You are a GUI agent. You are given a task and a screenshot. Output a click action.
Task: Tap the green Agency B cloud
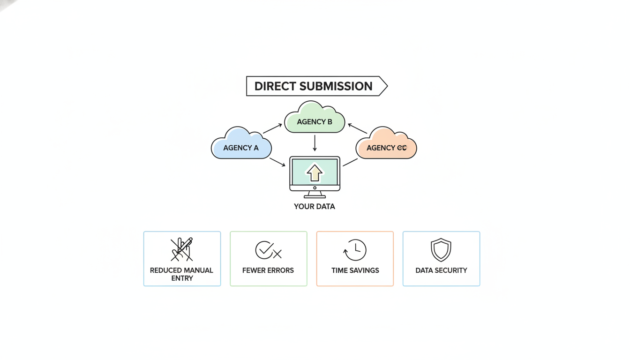(x=315, y=119)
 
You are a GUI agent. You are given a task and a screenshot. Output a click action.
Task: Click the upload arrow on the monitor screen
(x=315, y=172)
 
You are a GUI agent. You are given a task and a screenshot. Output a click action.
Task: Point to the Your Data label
(x=315, y=206)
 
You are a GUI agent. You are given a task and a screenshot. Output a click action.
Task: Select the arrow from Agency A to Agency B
(x=272, y=128)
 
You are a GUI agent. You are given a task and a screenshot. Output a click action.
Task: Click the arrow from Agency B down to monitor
(x=315, y=143)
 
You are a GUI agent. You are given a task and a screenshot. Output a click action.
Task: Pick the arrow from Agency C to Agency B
(x=357, y=128)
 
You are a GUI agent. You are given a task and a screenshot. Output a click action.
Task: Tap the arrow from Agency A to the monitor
(x=277, y=162)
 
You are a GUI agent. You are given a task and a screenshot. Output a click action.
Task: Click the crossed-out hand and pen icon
(x=182, y=249)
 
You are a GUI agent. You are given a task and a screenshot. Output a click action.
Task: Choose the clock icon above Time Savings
(x=355, y=250)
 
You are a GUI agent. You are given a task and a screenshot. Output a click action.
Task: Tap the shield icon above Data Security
(x=441, y=250)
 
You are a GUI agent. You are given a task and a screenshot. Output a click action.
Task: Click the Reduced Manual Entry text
(x=182, y=274)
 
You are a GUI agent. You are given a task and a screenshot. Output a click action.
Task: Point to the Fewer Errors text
(x=268, y=270)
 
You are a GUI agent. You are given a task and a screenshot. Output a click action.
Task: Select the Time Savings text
(x=355, y=270)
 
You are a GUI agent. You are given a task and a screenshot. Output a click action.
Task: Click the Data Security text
(x=441, y=270)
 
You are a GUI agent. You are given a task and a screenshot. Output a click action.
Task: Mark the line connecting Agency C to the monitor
(x=350, y=162)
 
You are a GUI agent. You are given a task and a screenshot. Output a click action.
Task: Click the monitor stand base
(x=315, y=196)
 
